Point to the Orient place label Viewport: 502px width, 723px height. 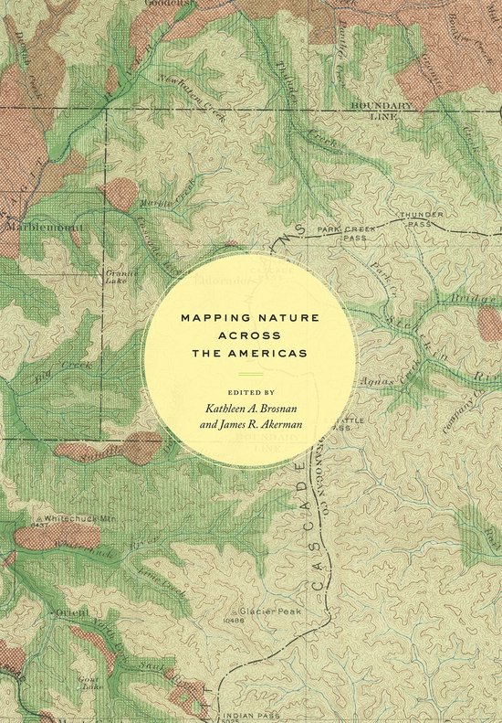click(x=72, y=611)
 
